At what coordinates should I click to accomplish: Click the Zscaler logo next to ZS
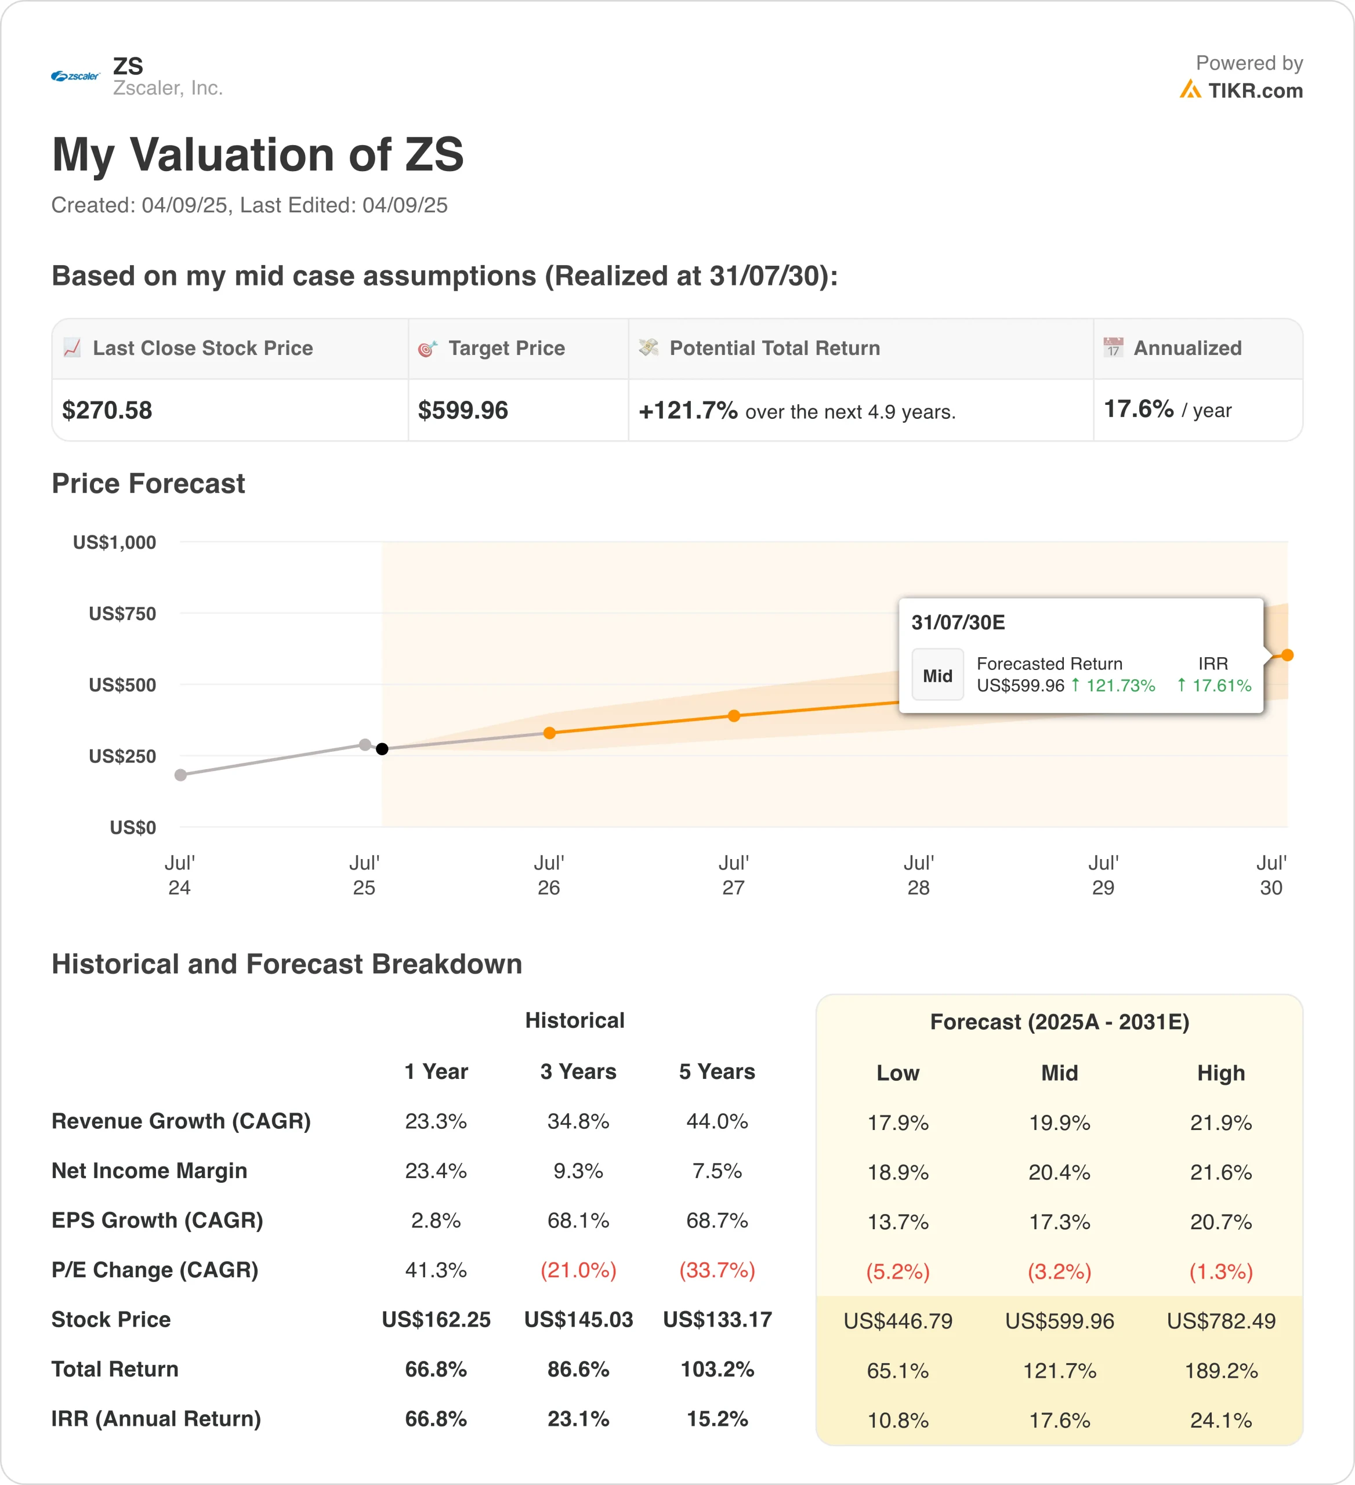click(x=75, y=76)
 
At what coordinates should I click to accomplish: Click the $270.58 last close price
click(x=107, y=410)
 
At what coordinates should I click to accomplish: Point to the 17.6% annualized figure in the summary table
click(x=1139, y=409)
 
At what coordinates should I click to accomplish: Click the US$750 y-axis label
click(x=122, y=614)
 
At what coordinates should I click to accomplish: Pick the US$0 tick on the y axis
click(x=133, y=827)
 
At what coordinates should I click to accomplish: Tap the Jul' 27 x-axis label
click(x=733, y=875)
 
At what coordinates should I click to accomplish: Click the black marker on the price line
click(x=382, y=749)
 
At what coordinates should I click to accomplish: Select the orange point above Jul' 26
click(x=549, y=733)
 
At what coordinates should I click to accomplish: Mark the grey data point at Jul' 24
click(x=180, y=775)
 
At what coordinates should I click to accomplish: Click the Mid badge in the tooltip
click(x=937, y=675)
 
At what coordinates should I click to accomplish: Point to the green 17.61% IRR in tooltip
click(x=1221, y=686)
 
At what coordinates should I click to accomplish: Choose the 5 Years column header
click(x=716, y=1072)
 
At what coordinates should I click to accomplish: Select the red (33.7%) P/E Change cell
click(x=716, y=1270)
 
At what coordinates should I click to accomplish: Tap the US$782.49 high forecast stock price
click(x=1221, y=1321)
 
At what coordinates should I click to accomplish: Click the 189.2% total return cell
click(x=1221, y=1371)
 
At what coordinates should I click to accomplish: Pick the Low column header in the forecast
click(x=898, y=1073)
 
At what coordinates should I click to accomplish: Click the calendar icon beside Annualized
click(x=1113, y=347)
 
